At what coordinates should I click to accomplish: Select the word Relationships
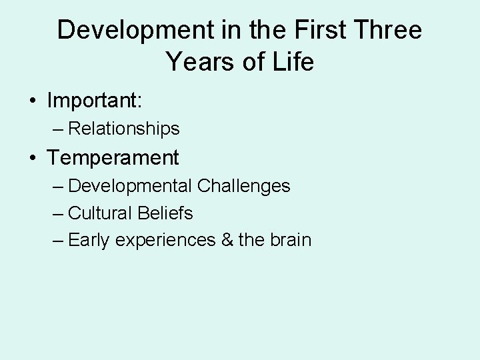click(x=124, y=128)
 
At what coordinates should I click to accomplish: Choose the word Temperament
click(x=113, y=158)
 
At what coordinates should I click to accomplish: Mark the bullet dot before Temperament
click(x=32, y=159)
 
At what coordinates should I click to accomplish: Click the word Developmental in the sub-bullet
click(x=130, y=186)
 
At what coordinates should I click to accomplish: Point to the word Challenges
click(x=244, y=186)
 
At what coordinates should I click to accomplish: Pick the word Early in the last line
click(x=89, y=240)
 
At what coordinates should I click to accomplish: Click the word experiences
click(x=164, y=241)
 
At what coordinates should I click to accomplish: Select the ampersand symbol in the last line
click(x=227, y=240)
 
